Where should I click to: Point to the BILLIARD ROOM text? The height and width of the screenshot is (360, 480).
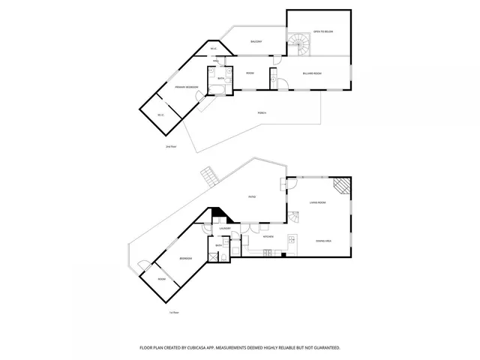[312, 73]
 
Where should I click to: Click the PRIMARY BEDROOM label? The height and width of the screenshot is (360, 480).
[186, 88]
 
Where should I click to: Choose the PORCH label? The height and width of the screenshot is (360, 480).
[262, 112]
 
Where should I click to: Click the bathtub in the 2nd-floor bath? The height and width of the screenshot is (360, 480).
[216, 91]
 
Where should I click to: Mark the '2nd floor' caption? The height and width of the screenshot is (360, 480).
[170, 147]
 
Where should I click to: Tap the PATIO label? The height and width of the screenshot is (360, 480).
[253, 197]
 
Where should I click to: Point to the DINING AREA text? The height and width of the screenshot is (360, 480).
[325, 240]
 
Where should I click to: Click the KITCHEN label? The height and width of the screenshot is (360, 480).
[268, 238]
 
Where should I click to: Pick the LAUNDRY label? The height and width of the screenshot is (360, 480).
[225, 229]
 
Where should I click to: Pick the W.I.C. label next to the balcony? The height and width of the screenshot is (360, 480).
[214, 49]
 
